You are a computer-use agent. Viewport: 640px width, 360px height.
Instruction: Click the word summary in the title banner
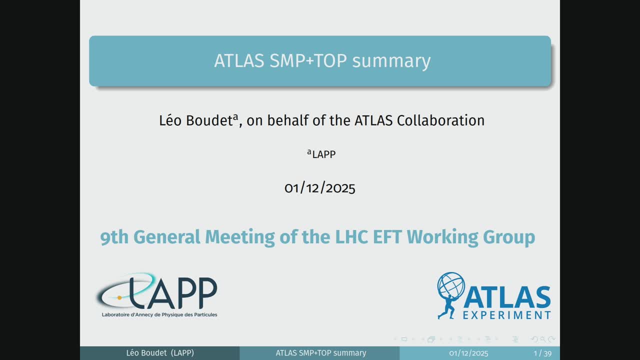click(391, 61)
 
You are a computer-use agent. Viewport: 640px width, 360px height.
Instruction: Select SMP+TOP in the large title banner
click(308, 60)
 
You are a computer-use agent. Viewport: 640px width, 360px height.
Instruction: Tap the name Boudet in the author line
click(209, 120)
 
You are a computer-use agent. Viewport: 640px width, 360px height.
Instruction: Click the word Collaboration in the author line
click(440, 120)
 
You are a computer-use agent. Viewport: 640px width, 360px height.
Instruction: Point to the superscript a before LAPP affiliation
click(309, 152)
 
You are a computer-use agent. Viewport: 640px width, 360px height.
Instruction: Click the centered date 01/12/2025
click(319, 188)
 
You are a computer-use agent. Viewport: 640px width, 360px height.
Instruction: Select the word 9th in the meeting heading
click(114, 237)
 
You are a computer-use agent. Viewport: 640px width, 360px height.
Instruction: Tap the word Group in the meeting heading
click(509, 237)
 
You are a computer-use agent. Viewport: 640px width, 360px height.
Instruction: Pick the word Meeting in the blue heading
click(239, 237)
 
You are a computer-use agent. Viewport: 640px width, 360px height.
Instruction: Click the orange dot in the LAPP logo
click(119, 297)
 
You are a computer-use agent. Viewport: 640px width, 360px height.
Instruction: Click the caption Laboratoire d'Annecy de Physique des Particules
click(159, 314)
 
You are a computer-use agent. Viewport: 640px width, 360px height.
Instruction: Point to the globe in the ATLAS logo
click(451, 285)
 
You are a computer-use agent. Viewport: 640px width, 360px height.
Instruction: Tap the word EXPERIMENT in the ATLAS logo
click(506, 315)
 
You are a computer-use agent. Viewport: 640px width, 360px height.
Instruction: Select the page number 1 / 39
click(542, 353)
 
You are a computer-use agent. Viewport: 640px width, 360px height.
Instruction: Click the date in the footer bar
click(468, 353)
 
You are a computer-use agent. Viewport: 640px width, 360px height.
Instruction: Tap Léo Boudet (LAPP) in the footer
click(160, 353)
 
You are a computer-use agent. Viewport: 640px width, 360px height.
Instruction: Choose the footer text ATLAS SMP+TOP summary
click(321, 353)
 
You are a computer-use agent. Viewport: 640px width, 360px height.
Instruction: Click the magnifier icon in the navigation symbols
click(543, 339)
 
